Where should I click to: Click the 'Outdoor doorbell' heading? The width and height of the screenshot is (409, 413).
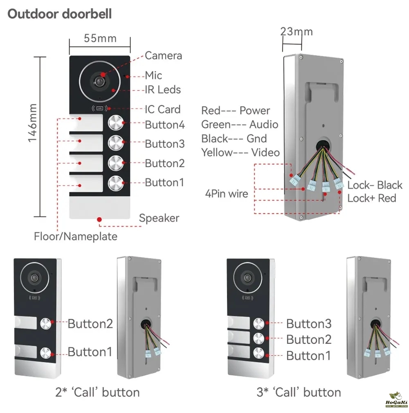click(x=60, y=14)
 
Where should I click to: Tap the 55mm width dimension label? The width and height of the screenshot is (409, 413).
click(x=100, y=39)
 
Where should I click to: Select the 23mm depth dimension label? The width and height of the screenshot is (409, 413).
click(x=297, y=32)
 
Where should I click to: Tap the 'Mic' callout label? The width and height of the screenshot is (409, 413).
click(x=153, y=75)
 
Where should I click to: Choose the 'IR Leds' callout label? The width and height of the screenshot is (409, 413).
click(x=163, y=90)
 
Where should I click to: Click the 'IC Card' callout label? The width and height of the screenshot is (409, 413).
click(x=162, y=109)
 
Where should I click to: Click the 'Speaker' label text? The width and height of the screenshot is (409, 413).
click(x=159, y=218)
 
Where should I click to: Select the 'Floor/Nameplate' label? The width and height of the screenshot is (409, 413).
click(x=76, y=236)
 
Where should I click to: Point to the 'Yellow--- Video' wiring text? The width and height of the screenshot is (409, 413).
click(x=240, y=152)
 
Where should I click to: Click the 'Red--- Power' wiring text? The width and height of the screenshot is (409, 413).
click(x=236, y=111)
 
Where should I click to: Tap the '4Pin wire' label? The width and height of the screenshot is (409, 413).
click(x=227, y=193)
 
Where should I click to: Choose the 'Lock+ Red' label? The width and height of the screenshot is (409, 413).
click(x=371, y=198)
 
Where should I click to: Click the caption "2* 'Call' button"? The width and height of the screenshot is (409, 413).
click(x=97, y=392)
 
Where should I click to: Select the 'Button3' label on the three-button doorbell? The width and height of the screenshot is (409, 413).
click(x=308, y=324)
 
